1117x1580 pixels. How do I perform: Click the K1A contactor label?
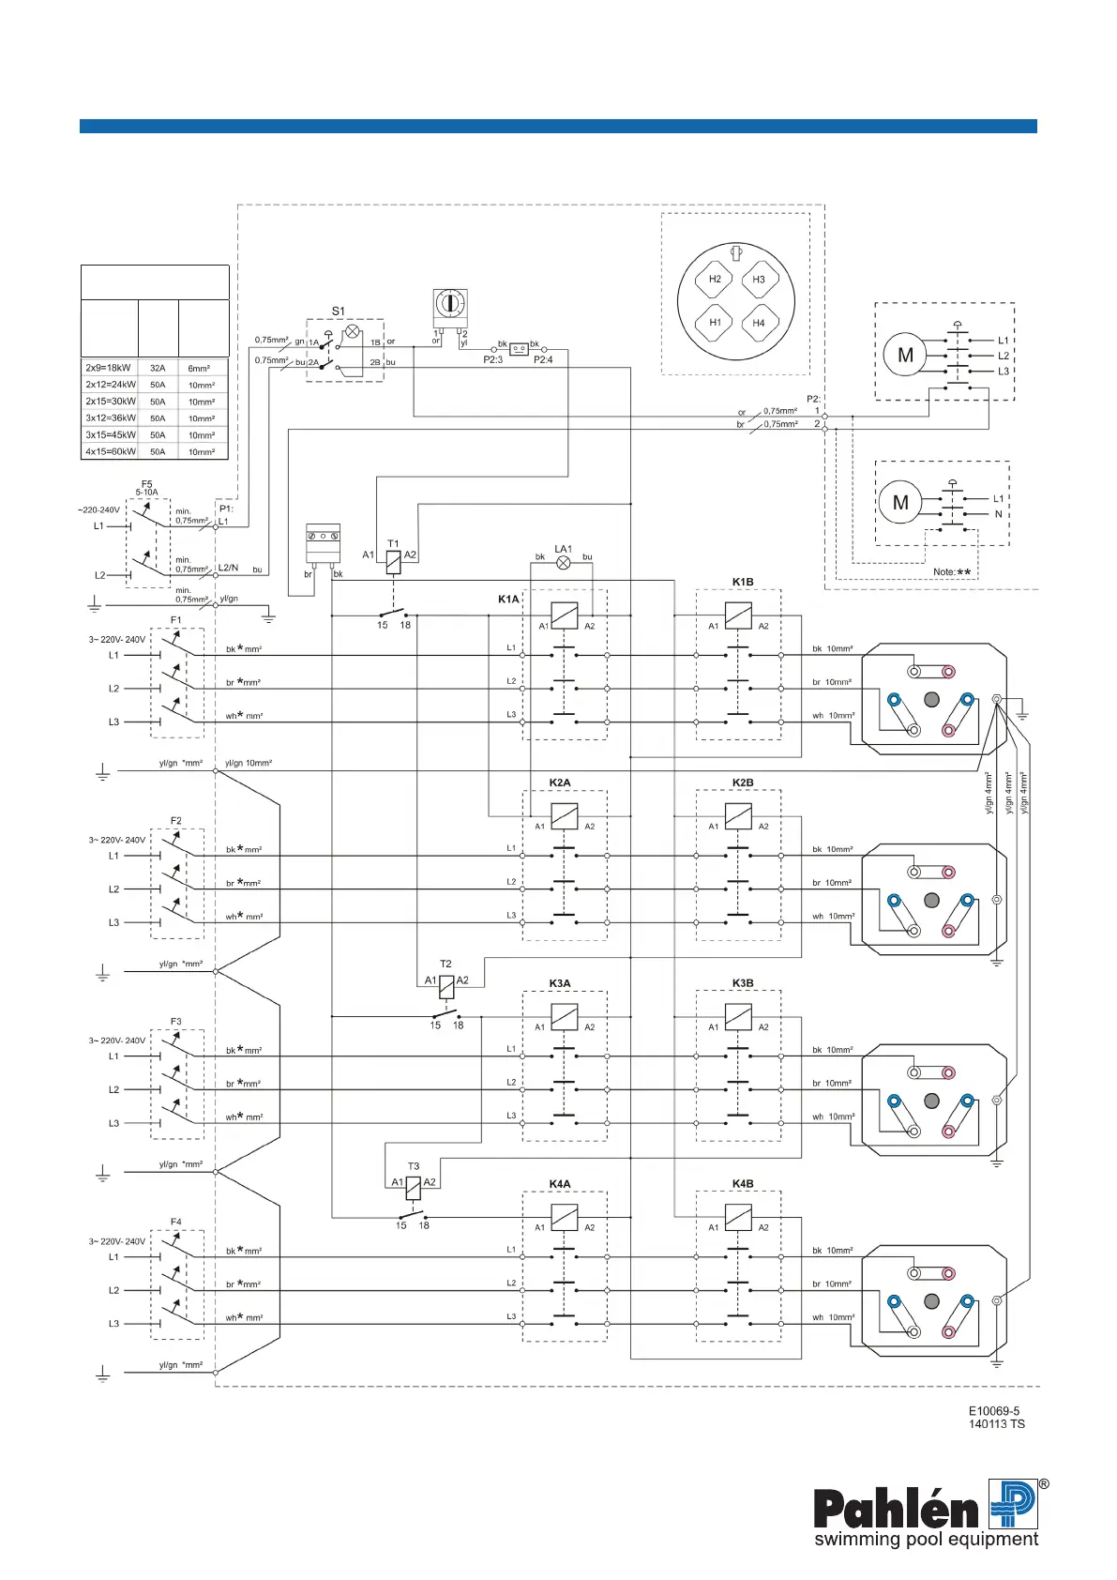click(x=508, y=599)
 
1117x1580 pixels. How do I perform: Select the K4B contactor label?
click(x=743, y=1184)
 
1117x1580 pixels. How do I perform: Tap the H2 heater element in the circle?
click(x=715, y=279)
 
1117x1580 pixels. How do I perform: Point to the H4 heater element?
click(x=759, y=323)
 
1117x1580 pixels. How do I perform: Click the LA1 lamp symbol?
click(x=564, y=563)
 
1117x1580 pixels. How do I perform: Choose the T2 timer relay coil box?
click(x=446, y=987)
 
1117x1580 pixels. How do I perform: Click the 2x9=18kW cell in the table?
click(x=109, y=369)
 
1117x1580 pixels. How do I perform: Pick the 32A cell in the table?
click(x=158, y=369)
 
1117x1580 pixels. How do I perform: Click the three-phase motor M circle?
click(x=905, y=356)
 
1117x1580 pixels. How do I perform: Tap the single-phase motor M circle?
click(x=900, y=503)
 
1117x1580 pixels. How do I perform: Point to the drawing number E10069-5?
click(x=994, y=1411)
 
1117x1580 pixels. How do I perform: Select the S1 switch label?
click(x=339, y=311)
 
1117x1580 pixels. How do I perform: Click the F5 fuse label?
click(x=147, y=484)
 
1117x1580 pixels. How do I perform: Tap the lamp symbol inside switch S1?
click(x=353, y=332)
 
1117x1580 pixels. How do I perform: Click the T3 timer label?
click(x=414, y=1166)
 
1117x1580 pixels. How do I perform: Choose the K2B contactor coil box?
click(x=739, y=816)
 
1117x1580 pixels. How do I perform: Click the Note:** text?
click(x=952, y=571)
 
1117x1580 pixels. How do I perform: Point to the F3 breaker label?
click(x=176, y=1022)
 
